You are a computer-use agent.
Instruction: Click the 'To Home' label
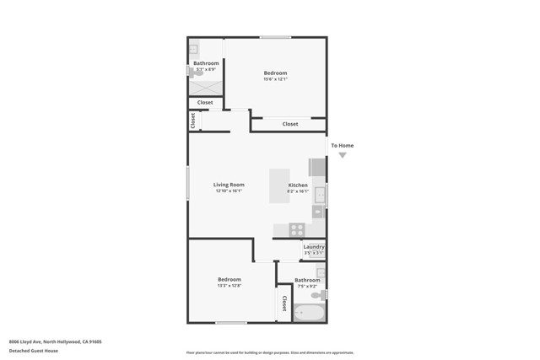click(x=342, y=146)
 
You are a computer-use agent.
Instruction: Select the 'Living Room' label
click(x=228, y=185)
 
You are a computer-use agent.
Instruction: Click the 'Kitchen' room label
click(x=298, y=185)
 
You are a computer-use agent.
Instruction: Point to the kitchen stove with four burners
click(x=297, y=228)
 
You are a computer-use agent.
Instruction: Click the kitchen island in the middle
click(x=278, y=185)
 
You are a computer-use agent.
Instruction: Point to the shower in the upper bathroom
click(x=205, y=84)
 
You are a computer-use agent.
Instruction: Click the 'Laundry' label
click(x=314, y=247)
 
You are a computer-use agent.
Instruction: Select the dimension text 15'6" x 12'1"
click(x=275, y=79)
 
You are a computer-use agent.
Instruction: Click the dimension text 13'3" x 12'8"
click(x=229, y=286)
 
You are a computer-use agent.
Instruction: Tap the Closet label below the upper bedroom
click(x=290, y=124)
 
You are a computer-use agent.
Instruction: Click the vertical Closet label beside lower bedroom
click(x=284, y=304)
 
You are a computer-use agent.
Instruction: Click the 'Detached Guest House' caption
click(x=34, y=349)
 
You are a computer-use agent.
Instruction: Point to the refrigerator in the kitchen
click(x=317, y=167)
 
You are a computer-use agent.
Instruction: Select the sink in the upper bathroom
click(x=193, y=49)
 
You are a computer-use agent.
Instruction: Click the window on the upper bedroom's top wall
click(x=275, y=37)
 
